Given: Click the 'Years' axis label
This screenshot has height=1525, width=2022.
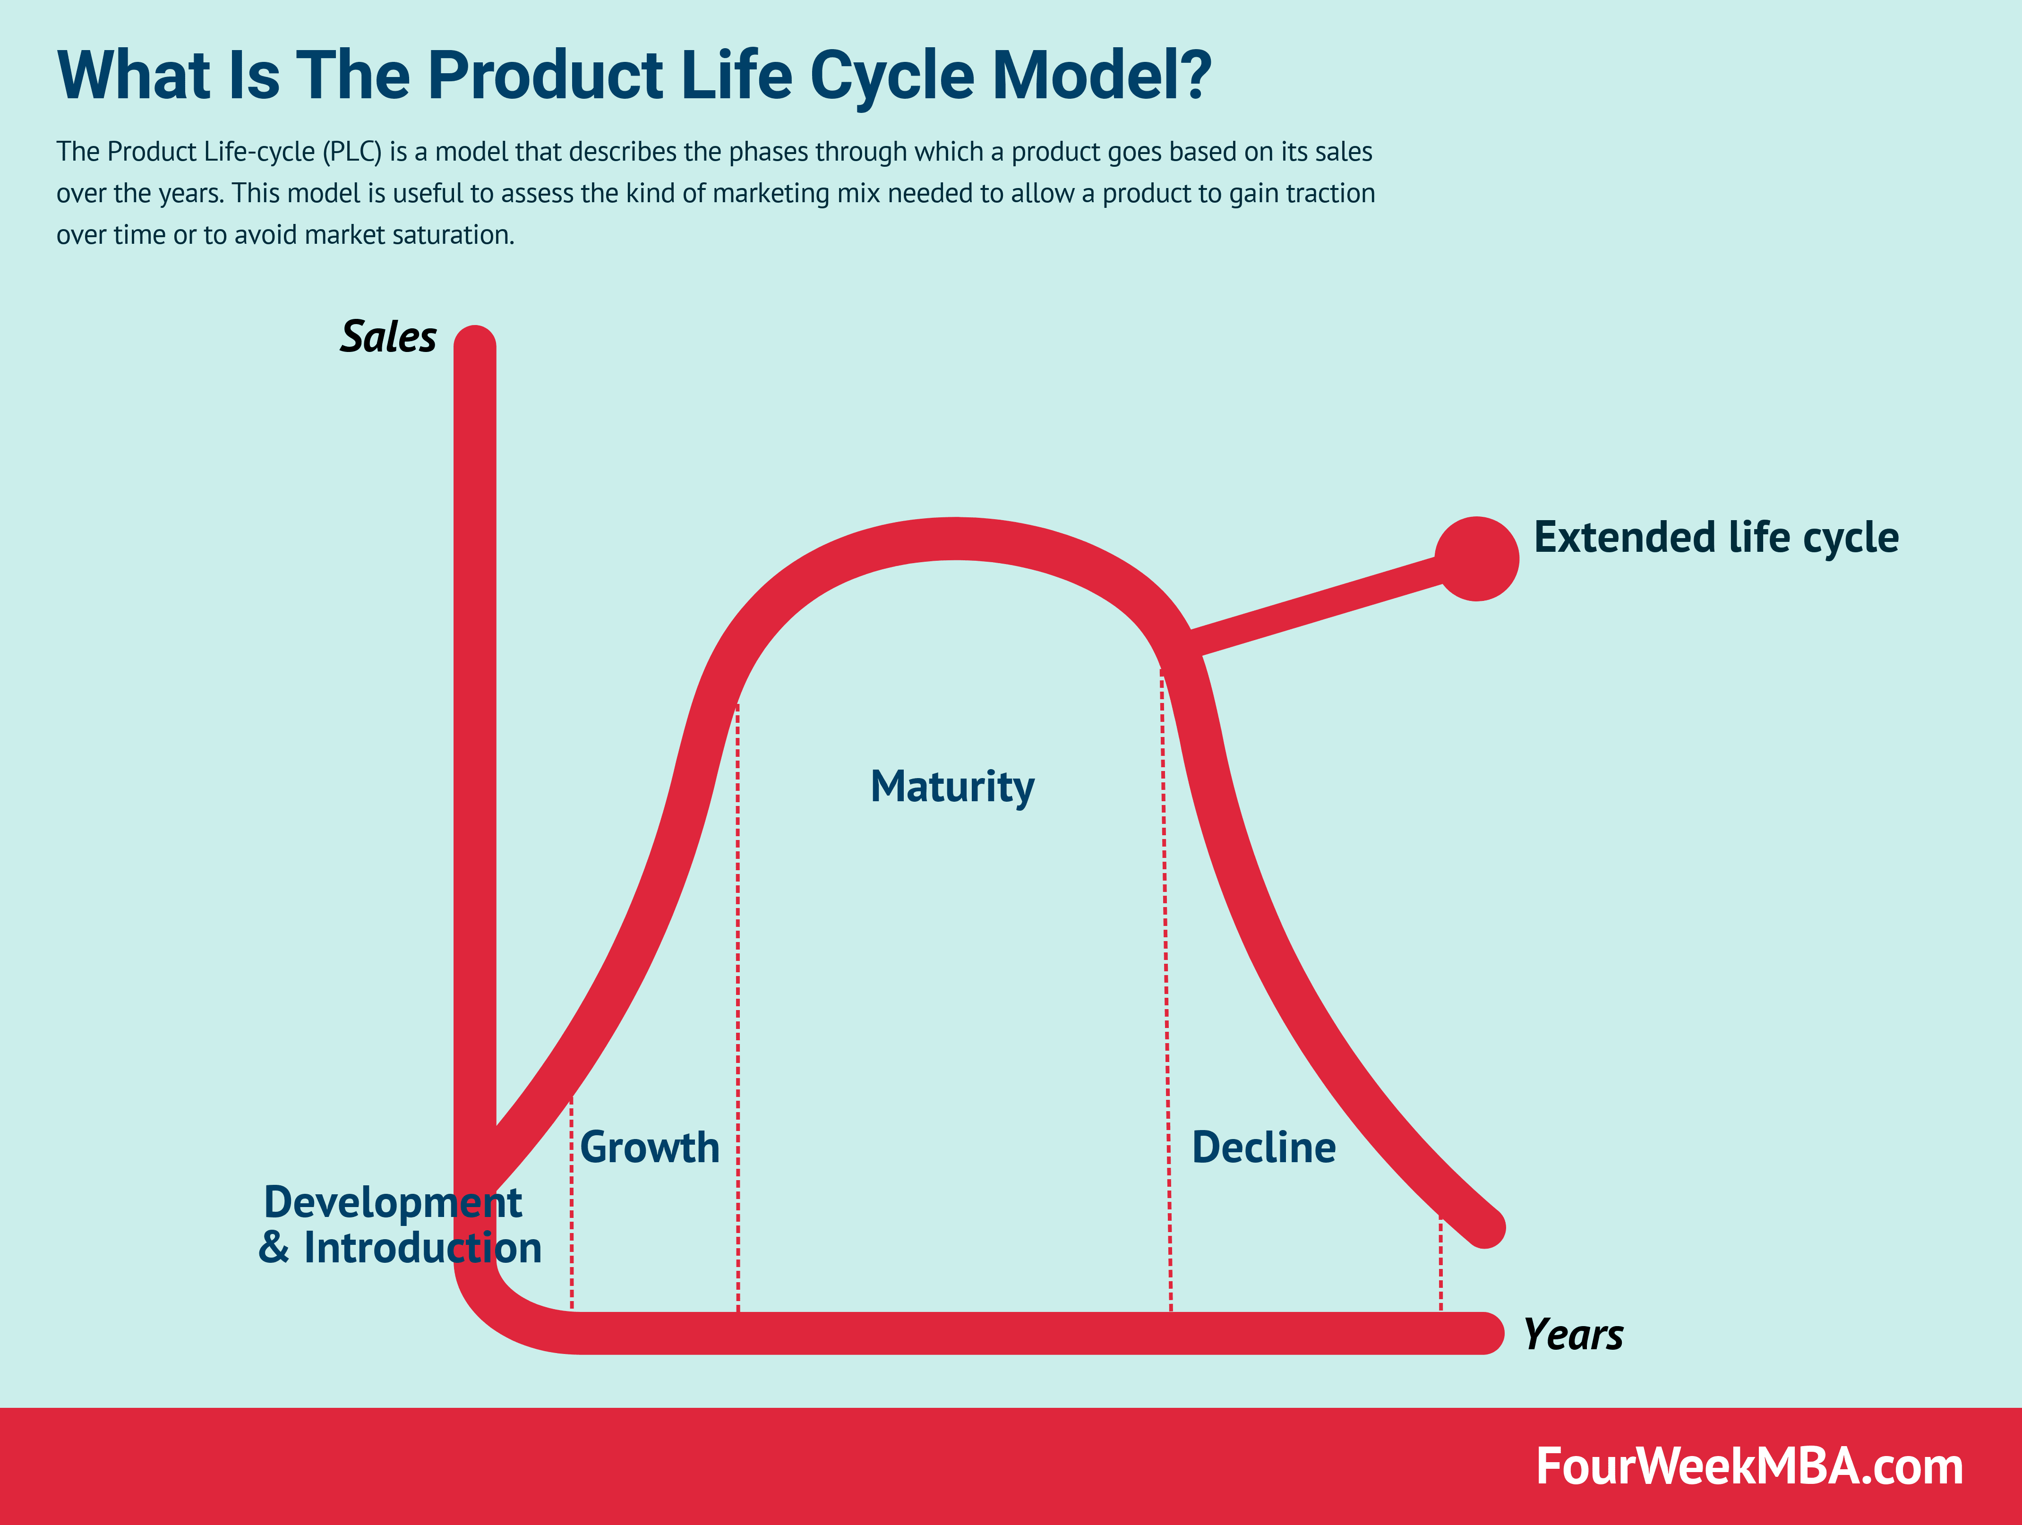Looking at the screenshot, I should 1572,1335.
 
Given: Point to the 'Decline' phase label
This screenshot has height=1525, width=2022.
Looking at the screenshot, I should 1263,1148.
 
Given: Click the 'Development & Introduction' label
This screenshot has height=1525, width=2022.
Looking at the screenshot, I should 400,1225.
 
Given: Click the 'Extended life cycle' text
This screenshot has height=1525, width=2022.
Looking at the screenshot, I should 1716,538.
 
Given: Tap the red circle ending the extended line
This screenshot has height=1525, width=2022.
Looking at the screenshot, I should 1476,558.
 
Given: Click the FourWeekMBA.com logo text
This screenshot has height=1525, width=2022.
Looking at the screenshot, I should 1748,1466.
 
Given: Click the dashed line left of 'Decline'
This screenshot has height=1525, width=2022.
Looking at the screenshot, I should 1167,1006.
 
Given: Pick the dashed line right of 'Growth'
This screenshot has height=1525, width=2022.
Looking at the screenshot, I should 737,1006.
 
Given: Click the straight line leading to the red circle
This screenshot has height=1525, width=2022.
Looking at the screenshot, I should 1316,606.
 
